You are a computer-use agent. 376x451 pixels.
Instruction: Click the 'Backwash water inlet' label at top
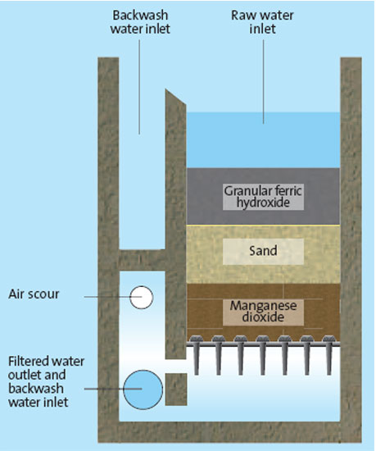[140, 22]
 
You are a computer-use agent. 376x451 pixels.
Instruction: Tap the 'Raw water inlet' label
[262, 22]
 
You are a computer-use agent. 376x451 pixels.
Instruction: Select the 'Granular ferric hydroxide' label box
[263, 197]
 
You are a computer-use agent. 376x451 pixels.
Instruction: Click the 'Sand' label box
[263, 251]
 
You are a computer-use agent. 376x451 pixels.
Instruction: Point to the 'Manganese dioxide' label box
[263, 312]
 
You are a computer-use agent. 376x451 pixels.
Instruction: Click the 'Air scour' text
[34, 294]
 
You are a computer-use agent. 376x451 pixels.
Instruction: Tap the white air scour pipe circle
[142, 298]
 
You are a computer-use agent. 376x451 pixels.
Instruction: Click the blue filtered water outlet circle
[143, 389]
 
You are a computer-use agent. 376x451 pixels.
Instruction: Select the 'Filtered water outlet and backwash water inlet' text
[46, 381]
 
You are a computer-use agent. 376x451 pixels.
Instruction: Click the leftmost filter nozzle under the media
[197, 354]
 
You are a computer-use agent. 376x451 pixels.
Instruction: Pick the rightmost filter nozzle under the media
[329, 354]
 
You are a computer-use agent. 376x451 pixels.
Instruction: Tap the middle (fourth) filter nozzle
[263, 354]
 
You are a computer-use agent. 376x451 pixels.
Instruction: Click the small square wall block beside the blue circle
[176, 389]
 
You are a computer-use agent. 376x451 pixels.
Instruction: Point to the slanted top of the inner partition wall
[176, 98]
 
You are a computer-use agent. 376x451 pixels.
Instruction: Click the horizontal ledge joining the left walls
[142, 260]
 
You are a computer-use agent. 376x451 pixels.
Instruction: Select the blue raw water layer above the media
[263, 140]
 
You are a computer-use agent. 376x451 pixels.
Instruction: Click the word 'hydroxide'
[263, 203]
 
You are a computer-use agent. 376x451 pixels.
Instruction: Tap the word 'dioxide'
[263, 317]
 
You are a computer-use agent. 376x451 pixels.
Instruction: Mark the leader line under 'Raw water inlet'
[264, 82]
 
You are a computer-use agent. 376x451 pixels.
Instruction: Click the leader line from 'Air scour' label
[113, 297]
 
